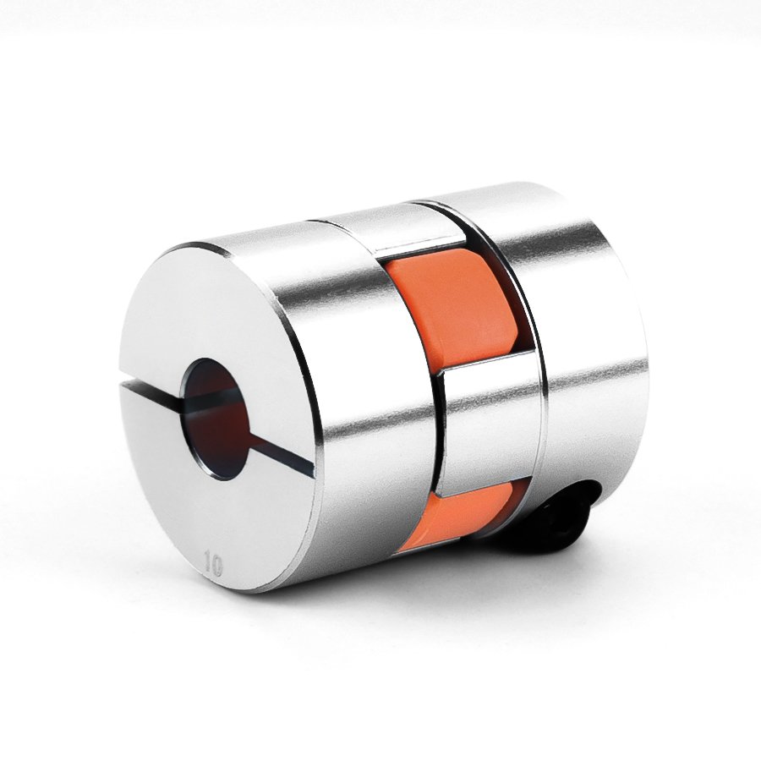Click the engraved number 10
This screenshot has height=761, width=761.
point(214,563)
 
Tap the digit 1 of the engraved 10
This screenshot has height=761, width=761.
point(208,561)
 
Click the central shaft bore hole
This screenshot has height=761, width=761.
point(216,419)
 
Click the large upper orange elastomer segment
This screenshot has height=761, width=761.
point(461,310)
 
